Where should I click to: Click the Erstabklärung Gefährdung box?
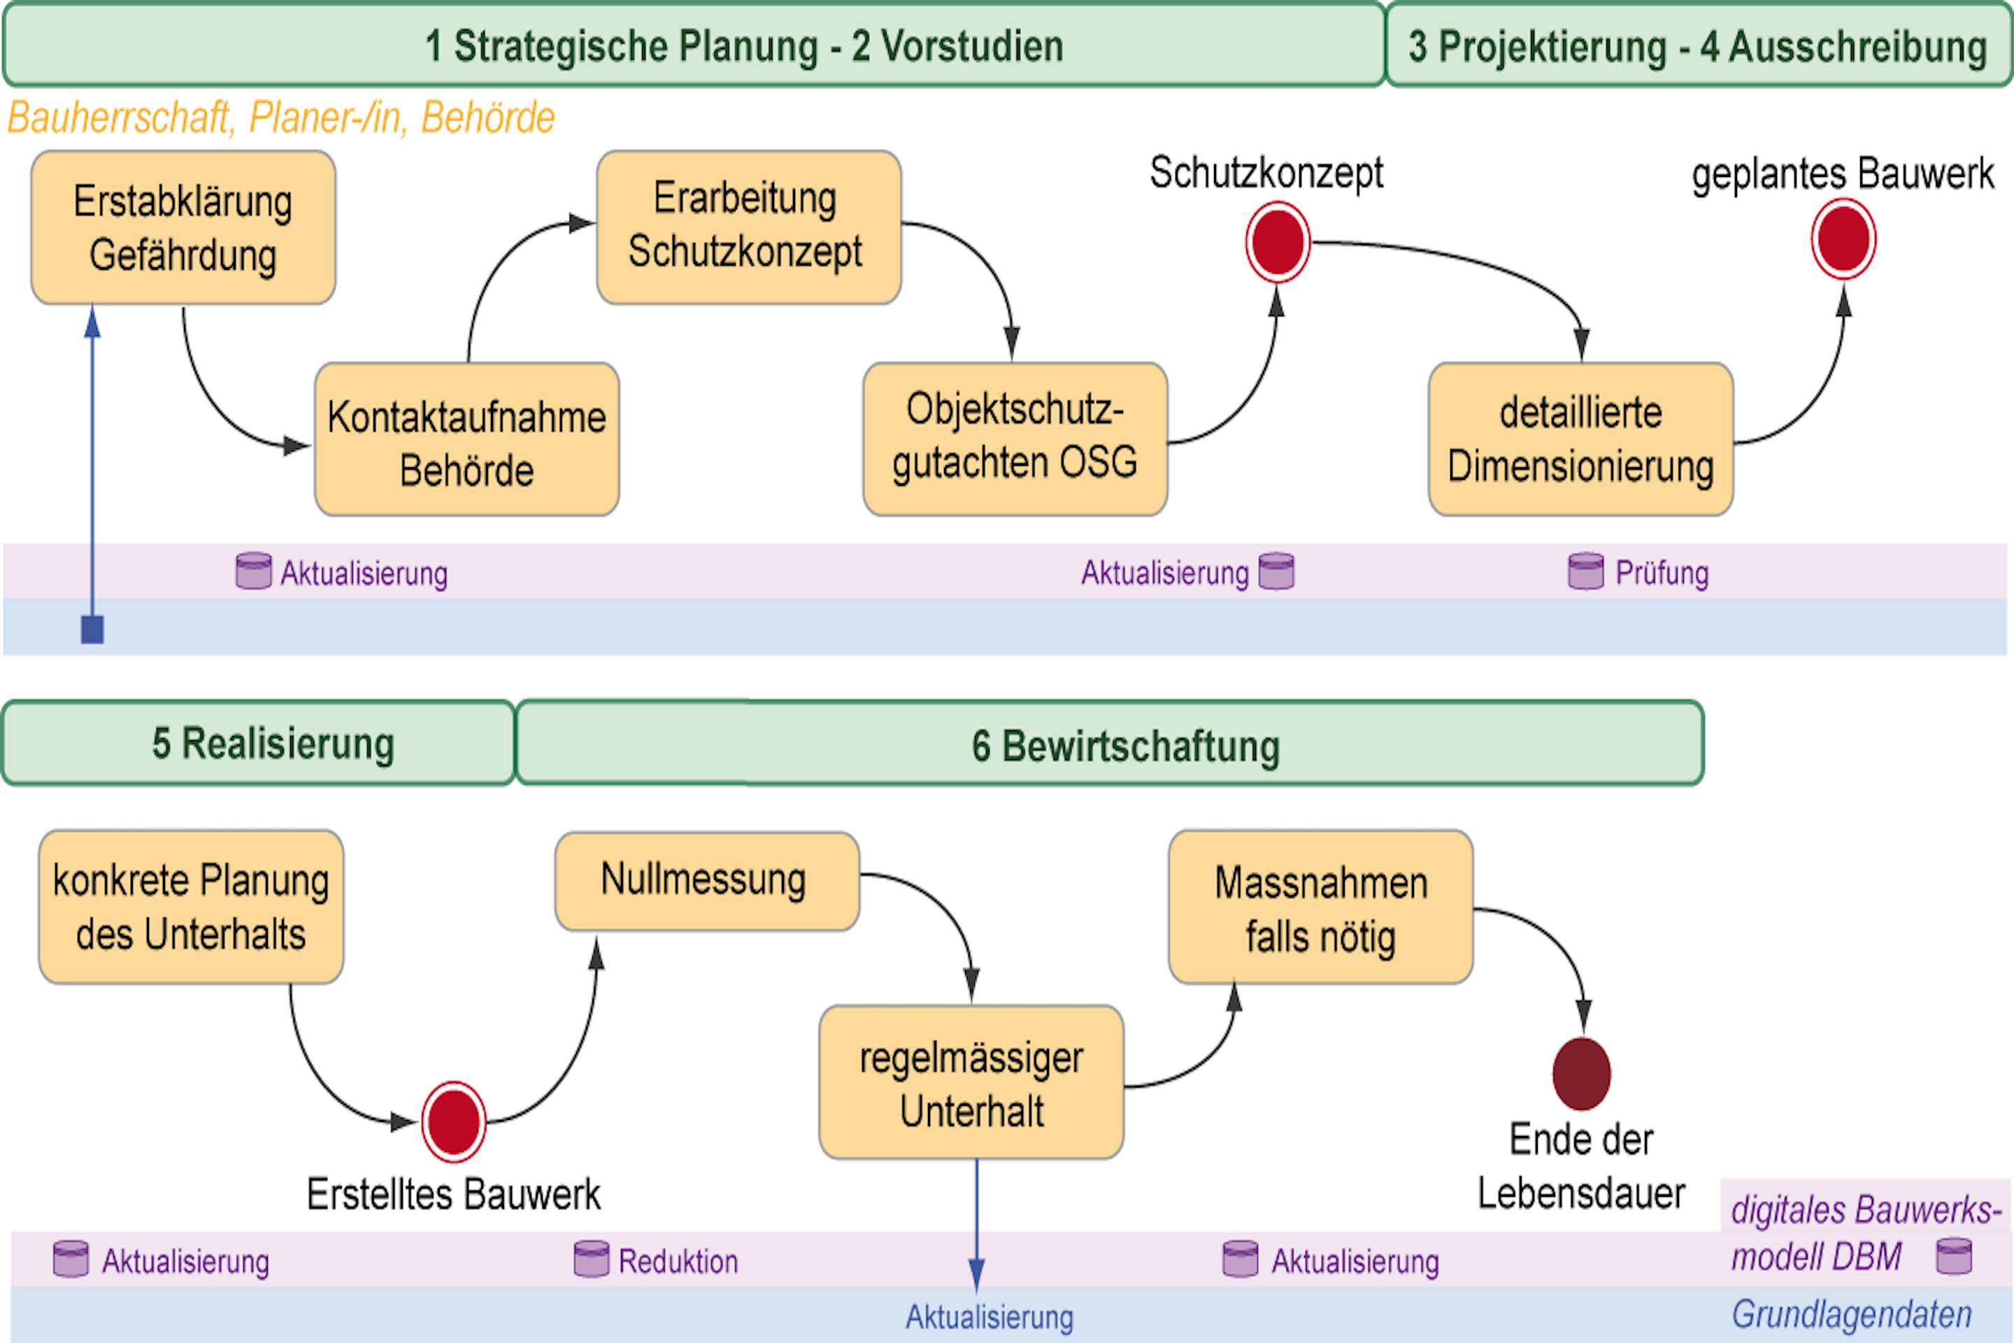tap(183, 228)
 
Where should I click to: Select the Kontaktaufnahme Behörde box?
tap(466, 439)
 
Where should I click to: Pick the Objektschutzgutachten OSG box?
tap(1015, 439)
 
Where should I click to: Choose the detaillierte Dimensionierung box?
tap(1580, 439)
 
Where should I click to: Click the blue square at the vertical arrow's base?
tap(92, 630)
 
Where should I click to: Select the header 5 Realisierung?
tap(259, 744)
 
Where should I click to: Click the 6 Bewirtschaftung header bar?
tap(1110, 744)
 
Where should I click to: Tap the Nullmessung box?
tap(706, 881)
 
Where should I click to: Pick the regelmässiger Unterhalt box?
tap(971, 1083)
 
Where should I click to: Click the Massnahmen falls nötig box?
tap(1320, 907)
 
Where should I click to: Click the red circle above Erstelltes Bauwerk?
tap(454, 1122)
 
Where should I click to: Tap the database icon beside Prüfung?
tap(1585, 571)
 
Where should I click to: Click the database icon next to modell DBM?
tap(1954, 1256)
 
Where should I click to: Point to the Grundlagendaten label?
tap(1851, 1314)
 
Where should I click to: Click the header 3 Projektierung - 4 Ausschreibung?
tap(1697, 45)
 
